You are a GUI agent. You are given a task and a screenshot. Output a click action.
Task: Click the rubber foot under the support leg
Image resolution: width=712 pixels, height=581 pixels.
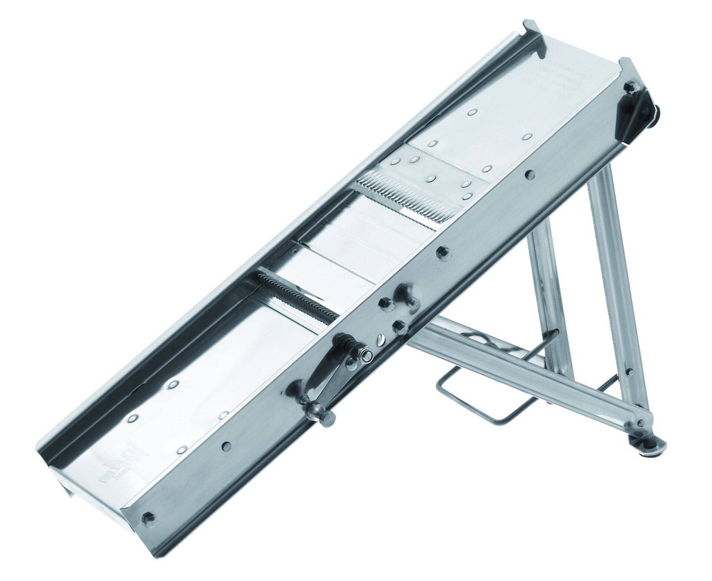651,446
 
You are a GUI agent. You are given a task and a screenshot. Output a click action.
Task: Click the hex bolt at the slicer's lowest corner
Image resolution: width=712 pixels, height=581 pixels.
147,518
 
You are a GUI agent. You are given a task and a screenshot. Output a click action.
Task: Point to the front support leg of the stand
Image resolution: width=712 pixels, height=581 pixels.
619,292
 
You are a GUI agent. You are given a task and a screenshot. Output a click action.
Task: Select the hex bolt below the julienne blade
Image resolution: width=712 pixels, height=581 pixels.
442,252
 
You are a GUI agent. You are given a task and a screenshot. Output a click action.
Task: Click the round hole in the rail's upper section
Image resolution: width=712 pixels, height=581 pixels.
530,175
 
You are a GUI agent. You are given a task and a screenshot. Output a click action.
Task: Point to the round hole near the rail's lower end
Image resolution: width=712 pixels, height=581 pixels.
226,446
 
